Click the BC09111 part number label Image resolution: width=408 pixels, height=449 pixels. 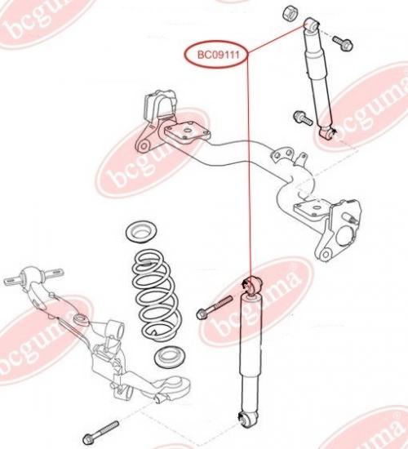(x=219, y=55)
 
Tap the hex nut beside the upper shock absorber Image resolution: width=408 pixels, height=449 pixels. (x=290, y=13)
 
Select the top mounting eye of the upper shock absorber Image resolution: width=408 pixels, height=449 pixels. (x=311, y=25)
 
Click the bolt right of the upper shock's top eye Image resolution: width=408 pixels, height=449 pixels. (x=343, y=42)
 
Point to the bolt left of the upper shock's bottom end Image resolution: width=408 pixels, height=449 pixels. (x=303, y=118)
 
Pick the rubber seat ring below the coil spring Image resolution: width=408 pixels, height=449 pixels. (x=170, y=357)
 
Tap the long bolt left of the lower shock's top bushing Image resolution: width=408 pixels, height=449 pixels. (x=214, y=308)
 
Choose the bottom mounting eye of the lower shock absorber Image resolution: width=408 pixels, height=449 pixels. (x=246, y=420)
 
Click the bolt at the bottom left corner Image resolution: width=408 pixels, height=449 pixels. (x=101, y=432)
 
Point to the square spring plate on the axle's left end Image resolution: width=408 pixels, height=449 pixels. (x=187, y=131)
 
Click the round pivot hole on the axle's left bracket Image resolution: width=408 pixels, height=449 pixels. (x=144, y=147)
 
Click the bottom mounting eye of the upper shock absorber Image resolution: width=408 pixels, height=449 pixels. (x=327, y=132)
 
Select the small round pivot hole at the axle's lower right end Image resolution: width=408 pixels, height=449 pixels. (x=325, y=254)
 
